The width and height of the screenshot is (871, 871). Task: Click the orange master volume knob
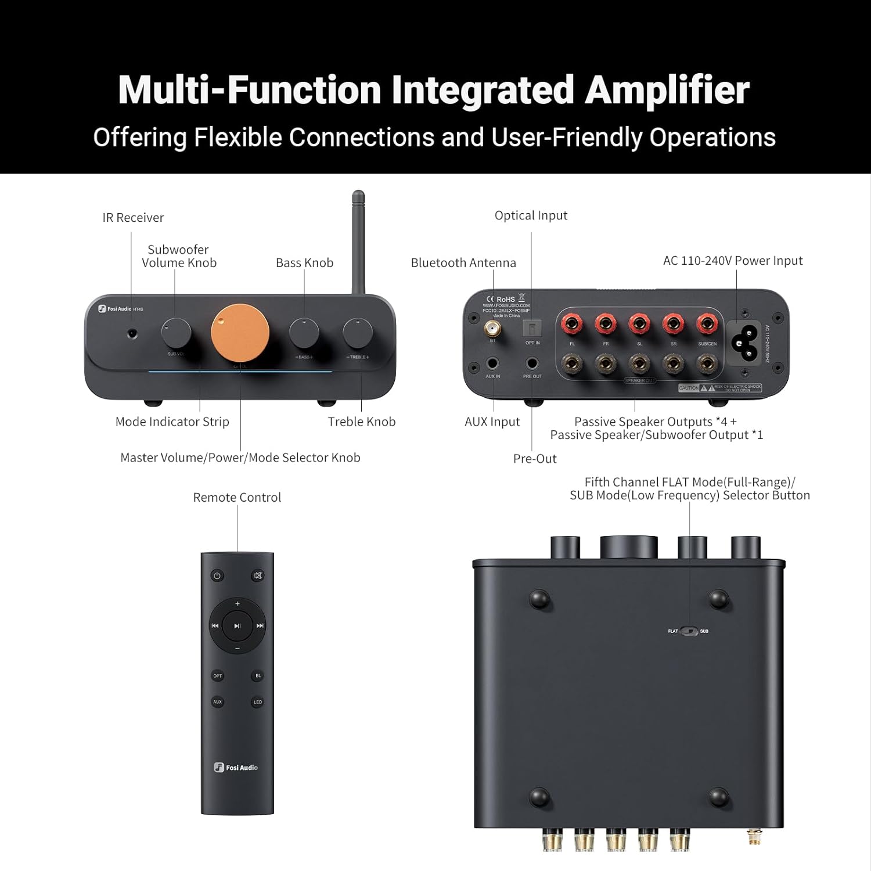[240, 333]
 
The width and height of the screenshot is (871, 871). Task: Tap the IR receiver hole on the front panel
[133, 333]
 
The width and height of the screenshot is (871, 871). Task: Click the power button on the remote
[217, 576]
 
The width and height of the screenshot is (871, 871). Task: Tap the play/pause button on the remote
[237, 626]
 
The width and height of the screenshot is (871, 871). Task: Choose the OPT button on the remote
[218, 676]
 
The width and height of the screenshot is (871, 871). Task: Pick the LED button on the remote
[258, 702]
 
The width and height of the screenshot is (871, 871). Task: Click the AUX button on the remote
[218, 702]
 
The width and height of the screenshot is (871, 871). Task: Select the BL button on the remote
[258, 676]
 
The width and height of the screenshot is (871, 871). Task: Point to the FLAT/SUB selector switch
[689, 631]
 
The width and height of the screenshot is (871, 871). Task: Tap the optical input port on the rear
[532, 329]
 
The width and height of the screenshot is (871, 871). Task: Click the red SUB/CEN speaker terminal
[707, 323]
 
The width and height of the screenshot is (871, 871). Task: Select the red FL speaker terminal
[572, 323]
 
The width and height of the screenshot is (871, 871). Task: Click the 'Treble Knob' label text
[361, 422]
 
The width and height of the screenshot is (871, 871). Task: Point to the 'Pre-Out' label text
[535, 459]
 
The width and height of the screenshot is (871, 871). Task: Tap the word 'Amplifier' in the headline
[667, 90]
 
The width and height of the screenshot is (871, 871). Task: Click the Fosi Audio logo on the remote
[236, 768]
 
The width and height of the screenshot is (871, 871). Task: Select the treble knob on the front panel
[358, 333]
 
